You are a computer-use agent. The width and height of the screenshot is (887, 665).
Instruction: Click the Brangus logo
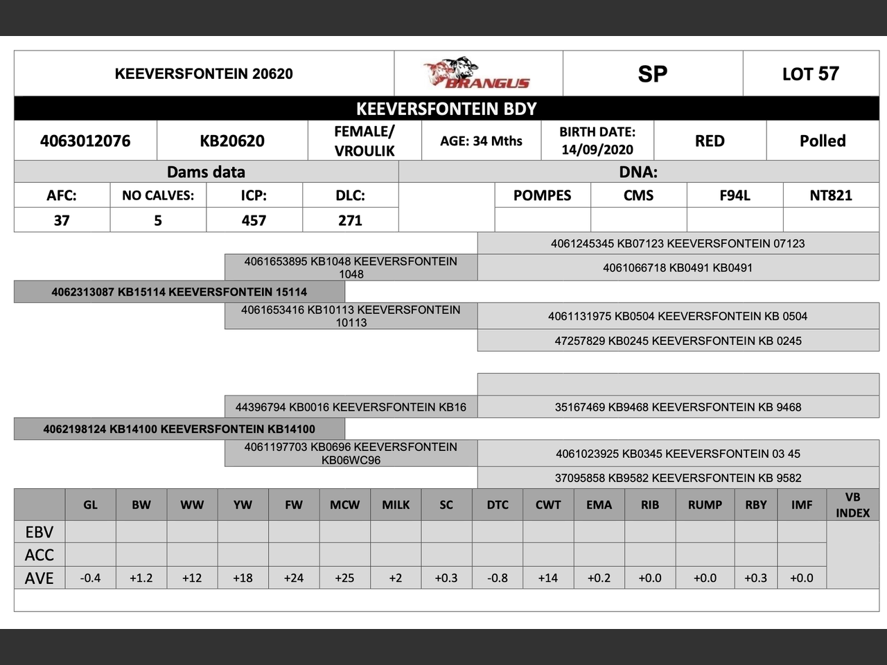(477, 74)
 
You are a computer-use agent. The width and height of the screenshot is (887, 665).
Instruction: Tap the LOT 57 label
(810, 74)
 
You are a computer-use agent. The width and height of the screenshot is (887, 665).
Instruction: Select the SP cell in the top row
(652, 74)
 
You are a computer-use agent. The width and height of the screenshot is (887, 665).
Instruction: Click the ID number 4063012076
(85, 141)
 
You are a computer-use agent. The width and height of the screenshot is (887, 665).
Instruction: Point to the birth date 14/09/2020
(597, 150)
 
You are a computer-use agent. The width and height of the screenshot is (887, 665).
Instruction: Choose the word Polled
(823, 141)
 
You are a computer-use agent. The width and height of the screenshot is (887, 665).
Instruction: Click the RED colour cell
(710, 141)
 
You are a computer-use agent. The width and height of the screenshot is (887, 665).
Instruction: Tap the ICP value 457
(254, 220)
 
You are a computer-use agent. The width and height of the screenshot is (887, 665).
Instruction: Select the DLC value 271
(350, 220)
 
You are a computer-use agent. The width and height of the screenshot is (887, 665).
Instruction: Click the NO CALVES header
(158, 195)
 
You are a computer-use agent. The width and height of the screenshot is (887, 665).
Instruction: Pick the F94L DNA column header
(735, 195)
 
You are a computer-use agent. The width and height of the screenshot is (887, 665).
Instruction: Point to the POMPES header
(542, 195)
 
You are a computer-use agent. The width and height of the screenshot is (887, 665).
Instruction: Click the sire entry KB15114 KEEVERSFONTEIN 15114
(179, 292)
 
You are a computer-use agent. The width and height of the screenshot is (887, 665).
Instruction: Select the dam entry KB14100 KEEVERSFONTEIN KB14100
(179, 429)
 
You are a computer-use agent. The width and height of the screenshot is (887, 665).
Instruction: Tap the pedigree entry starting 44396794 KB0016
(351, 407)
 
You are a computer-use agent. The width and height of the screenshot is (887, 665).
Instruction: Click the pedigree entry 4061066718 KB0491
(678, 268)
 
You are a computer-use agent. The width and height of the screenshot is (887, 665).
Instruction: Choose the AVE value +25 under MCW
(344, 578)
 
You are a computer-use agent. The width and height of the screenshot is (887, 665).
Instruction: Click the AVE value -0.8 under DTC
(498, 578)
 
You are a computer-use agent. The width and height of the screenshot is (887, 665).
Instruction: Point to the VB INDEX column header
(852, 505)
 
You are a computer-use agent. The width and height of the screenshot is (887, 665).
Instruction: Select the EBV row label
(39, 532)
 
